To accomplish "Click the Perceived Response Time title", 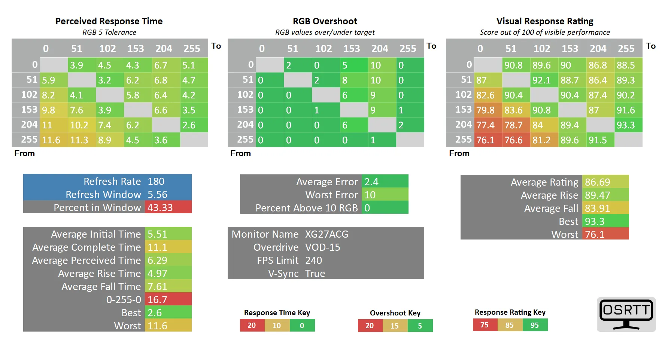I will tap(109, 21).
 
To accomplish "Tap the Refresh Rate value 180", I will tap(156, 181).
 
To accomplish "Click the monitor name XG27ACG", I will tap(327, 234).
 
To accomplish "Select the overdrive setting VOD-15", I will tap(322, 247).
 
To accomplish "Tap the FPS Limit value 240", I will tap(313, 260).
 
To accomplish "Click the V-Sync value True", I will tap(315, 274).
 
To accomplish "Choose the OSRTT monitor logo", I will tap(626, 314).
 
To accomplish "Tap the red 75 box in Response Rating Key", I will tap(485, 325).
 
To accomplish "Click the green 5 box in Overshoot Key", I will tap(420, 326).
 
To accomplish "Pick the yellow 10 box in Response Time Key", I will tap(277, 326).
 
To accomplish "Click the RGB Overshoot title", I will tap(325, 21).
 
